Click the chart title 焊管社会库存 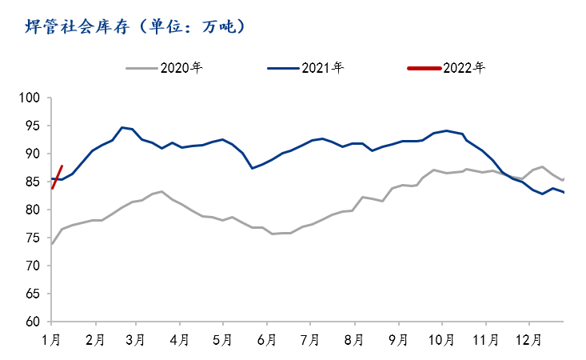click(75, 27)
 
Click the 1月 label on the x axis click(52, 339)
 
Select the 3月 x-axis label click(136, 339)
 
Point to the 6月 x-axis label click(266, 339)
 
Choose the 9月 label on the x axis click(397, 339)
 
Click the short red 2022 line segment click(57, 177)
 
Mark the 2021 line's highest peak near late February click(122, 127)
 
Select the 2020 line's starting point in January click(51, 244)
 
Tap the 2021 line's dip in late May click(253, 168)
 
